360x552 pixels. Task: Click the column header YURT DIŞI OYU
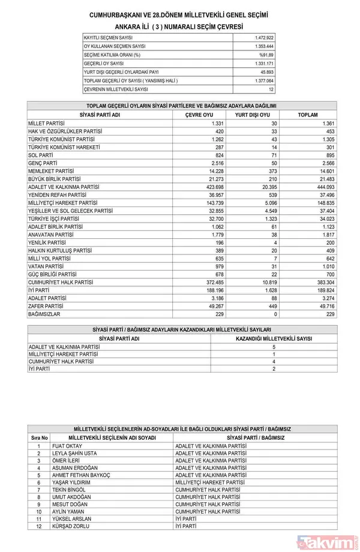(x=252, y=115)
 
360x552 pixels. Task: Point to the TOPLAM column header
(x=308, y=115)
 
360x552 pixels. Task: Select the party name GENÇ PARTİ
(x=43, y=163)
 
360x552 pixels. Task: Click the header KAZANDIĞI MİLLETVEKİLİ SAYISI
(x=274, y=338)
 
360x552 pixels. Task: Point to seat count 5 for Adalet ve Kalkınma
(x=274, y=347)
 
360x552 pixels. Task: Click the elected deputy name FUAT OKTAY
(x=67, y=446)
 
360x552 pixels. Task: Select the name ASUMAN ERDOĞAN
(x=76, y=468)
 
